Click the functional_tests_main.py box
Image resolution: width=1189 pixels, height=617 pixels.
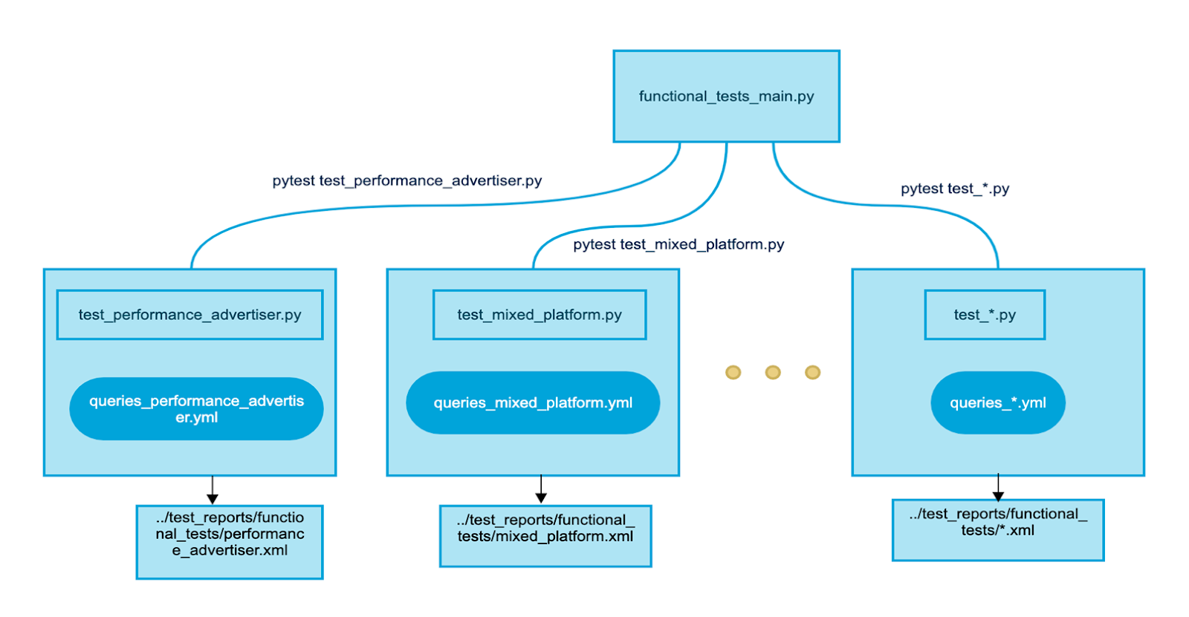coord(726,97)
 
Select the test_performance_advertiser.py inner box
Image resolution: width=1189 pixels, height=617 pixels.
coord(189,315)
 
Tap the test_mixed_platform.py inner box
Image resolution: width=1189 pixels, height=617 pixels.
coord(540,315)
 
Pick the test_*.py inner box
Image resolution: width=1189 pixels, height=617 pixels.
coord(985,315)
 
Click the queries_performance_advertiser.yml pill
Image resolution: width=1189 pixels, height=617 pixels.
coord(196,409)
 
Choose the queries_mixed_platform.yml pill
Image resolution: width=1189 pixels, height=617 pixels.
coord(533,402)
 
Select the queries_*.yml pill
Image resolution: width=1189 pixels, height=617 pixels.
coord(997,402)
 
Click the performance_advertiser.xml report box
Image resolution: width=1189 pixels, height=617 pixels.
coord(230,542)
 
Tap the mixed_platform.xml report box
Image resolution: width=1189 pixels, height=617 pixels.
coord(545,536)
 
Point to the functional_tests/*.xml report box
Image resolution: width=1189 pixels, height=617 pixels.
coord(997,530)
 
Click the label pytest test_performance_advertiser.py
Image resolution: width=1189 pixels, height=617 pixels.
coord(406,180)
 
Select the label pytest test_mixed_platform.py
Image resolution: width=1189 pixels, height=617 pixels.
coord(678,244)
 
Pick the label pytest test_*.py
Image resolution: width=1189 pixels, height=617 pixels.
coord(955,189)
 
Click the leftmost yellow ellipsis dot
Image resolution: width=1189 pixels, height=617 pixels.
coord(733,372)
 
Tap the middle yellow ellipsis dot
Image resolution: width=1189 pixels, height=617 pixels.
coord(773,372)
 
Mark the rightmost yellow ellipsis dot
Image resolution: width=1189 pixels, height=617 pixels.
coord(812,372)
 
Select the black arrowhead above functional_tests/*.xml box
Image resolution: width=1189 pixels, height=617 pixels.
coord(998,495)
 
